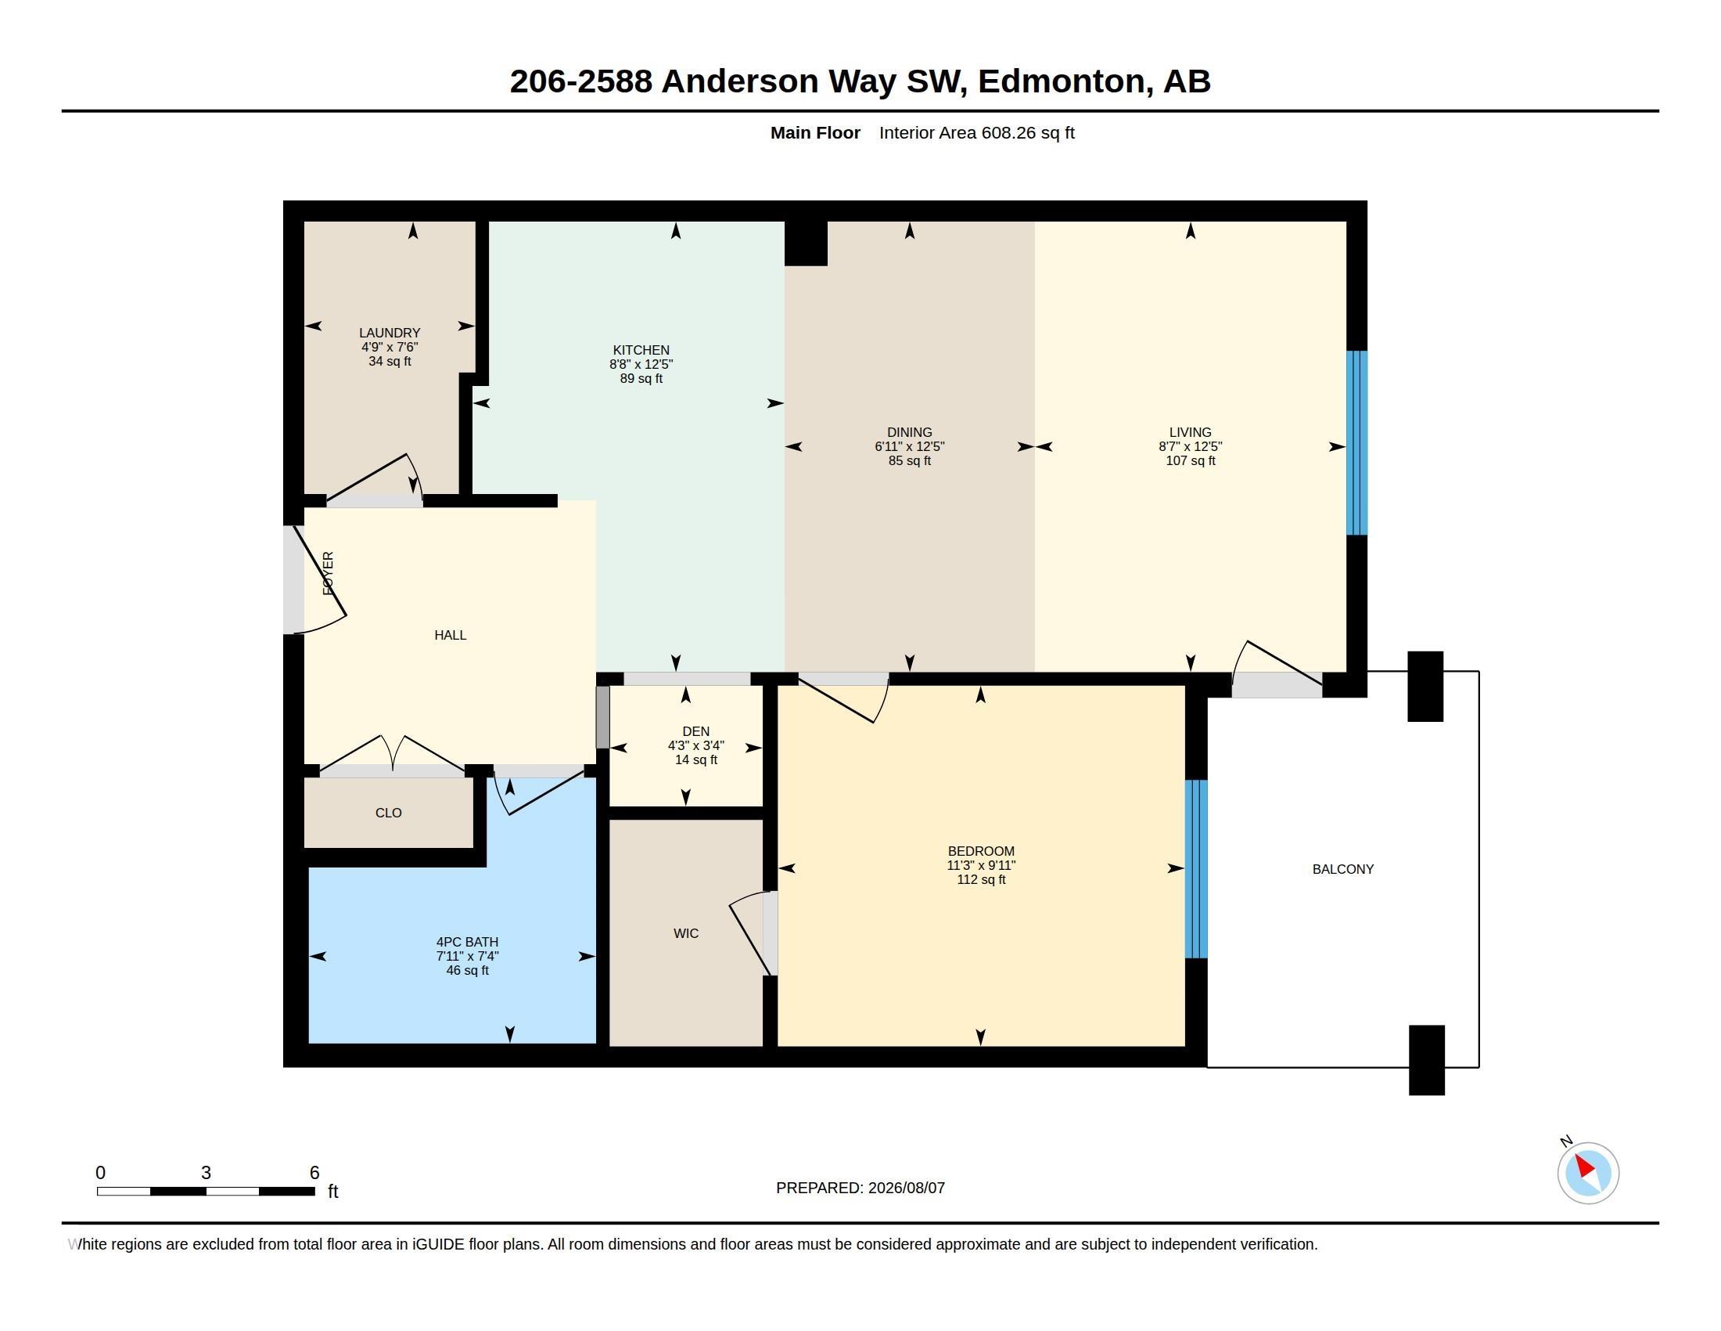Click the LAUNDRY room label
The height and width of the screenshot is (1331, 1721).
[x=390, y=333]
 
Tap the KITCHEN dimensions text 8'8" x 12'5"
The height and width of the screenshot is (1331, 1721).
[x=641, y=364]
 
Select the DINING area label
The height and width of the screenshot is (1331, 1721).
[x=909, y=432]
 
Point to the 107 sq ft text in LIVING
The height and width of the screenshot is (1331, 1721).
[x=1190, y=460]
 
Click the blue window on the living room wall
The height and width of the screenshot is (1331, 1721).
[x=1356, y=443]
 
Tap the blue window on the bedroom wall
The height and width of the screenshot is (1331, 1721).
[x=1196, y=869]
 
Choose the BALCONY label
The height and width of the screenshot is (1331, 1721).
[x=1342, y=869]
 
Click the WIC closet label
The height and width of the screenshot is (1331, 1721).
[x=685, y=933]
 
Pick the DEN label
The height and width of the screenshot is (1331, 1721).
[x=695, y=732]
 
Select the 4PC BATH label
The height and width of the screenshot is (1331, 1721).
[x=467, y=942]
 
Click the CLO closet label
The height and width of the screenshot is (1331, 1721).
[x=389, y=813]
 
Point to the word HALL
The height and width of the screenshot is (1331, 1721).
[x=450, y=635]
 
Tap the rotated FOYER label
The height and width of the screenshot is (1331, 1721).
[x=329, y=573]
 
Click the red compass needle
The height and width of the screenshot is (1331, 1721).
[x=1584, y=1166]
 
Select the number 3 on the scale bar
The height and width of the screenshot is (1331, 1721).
[x=206, y=1173]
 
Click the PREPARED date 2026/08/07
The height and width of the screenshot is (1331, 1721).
[x=906, y=1189]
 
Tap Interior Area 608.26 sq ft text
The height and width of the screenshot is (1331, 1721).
[x=976, y=133]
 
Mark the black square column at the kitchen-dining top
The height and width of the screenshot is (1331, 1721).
[x=805, y=243]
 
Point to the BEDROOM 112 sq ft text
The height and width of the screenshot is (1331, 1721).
[x=981, y=880]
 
